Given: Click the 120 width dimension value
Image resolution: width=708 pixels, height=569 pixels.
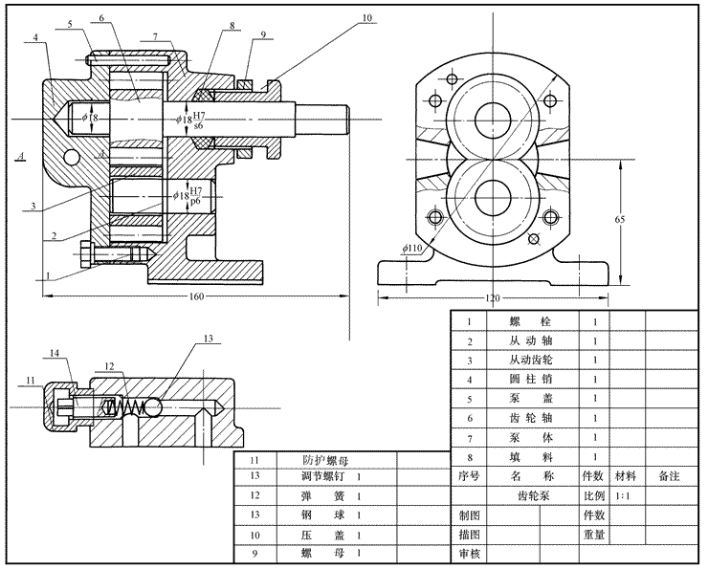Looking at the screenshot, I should pyautogui.click(x=492, y=299).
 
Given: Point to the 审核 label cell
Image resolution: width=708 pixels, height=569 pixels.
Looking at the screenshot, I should pyautogui.click(x=468, y=554).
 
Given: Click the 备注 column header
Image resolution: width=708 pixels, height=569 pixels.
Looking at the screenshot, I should pyautogui.click(x=670, y=475).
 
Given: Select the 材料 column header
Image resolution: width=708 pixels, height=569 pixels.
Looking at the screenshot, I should pyautogui.click(x=627, y=475).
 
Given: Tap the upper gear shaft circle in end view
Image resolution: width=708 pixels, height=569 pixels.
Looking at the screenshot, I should pyautogui.click(x=496, y=118).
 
